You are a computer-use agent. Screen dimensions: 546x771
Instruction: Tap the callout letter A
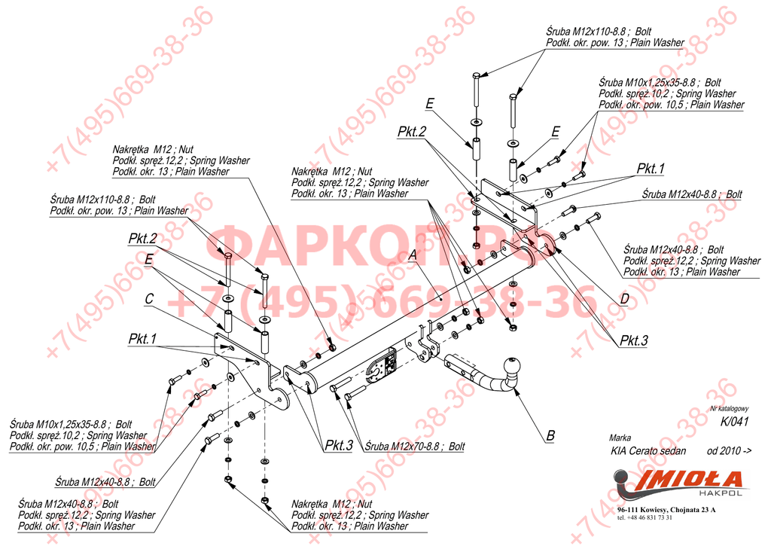(412, 255)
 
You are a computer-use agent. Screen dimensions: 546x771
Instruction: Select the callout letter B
(550, 435)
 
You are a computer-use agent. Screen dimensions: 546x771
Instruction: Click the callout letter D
(624, 299)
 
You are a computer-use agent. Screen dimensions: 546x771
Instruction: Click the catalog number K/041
(734, 422)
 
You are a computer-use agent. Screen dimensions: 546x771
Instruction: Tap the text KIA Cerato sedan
(648, 451)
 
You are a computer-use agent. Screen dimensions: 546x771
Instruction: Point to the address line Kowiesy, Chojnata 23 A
(665, 510)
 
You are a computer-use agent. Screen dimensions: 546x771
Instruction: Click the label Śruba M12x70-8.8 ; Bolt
(413, 446)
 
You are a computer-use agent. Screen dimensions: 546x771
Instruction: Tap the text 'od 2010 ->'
(729, 451)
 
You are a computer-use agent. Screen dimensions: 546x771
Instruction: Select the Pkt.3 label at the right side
(634, 340)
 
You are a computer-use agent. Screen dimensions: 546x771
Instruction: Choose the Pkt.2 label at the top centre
(413, 131)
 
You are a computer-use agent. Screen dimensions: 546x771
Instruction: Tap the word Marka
(620, 437)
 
